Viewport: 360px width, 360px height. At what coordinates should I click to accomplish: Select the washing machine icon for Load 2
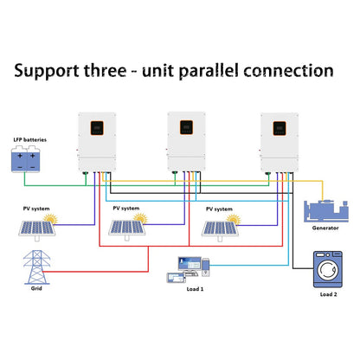tap(328, 271)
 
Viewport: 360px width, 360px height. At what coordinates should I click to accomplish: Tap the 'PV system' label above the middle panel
tap(125, 209)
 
